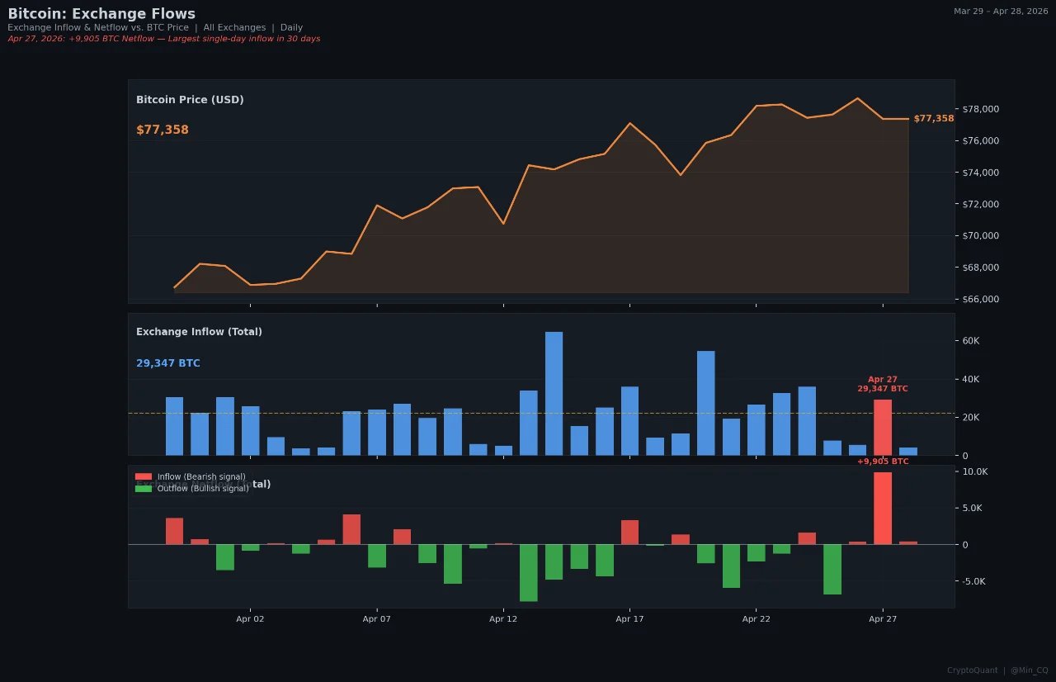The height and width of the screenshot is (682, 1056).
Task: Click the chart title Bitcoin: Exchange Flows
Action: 101,14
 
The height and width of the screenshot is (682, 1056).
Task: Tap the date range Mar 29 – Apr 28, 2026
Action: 1000,12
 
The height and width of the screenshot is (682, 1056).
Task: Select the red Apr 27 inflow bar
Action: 883,427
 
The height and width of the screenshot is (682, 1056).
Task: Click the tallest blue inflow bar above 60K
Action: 554,393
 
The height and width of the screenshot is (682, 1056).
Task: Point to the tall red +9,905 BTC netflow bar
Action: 883,508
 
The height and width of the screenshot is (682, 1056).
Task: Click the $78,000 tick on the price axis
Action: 981,109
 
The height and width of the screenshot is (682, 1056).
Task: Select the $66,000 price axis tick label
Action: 981,299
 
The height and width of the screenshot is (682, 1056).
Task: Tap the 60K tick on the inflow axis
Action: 970,341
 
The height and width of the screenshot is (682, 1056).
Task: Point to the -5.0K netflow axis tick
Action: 974,581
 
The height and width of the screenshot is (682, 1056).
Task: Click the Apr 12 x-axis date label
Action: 503,618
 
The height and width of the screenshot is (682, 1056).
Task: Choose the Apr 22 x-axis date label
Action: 756,618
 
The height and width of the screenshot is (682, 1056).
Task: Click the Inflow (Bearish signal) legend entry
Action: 190,477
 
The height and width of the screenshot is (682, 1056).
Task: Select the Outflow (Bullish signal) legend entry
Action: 191,489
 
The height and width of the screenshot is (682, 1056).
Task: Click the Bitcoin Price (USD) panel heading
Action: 190,100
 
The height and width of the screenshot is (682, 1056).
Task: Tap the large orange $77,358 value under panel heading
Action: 163,130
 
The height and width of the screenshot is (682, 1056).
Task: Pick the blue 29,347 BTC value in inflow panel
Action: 168,363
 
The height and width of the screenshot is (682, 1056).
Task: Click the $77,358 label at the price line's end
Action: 933,119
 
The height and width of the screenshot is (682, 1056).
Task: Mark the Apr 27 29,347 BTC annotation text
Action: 882,384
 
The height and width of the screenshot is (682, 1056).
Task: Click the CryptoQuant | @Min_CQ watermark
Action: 997,670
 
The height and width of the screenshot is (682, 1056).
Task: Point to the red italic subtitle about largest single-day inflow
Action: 163,39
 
